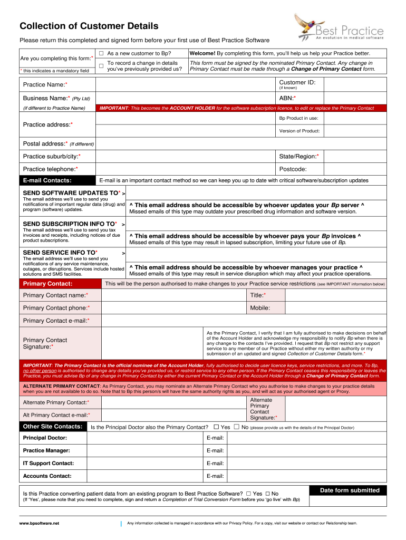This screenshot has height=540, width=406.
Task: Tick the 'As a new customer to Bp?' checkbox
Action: click(x=101, y=54)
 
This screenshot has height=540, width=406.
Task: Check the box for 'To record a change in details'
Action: click(x=101, y=65)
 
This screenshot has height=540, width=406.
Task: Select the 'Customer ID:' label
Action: click(x=297, y=82)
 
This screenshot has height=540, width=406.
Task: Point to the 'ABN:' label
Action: click(x=287, y=98)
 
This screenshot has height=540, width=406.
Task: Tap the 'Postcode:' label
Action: click(x=293, y=169)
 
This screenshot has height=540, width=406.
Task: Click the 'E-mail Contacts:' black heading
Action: click(x=47, y=181)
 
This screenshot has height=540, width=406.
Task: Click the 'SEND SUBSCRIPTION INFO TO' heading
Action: click(x=70, y=224)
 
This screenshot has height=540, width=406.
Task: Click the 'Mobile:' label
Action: click(x=260, y=308)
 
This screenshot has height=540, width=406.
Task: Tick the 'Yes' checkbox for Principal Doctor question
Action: click(x=216, y=427)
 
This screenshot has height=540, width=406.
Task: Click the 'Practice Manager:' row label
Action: click(x=46, y=450)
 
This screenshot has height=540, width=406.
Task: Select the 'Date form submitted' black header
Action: click(x=350, y=490)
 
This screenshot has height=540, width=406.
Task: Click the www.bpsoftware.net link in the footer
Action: click(x=40, y=523)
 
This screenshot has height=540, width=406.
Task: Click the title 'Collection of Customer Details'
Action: click(x=89, y=26)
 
